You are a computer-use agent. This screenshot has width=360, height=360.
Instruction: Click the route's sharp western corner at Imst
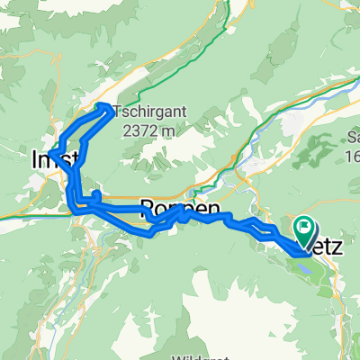tap(51, 154)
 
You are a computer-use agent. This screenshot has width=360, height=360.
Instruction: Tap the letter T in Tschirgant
tap(120, 112)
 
